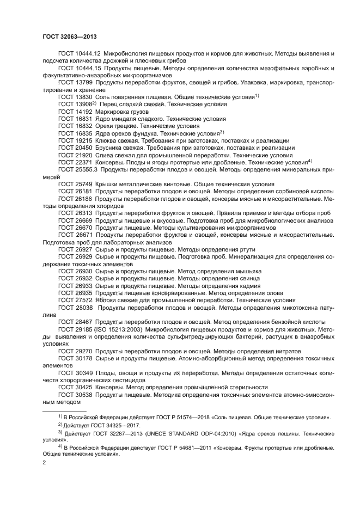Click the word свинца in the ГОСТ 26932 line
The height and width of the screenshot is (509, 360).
(249, 278)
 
